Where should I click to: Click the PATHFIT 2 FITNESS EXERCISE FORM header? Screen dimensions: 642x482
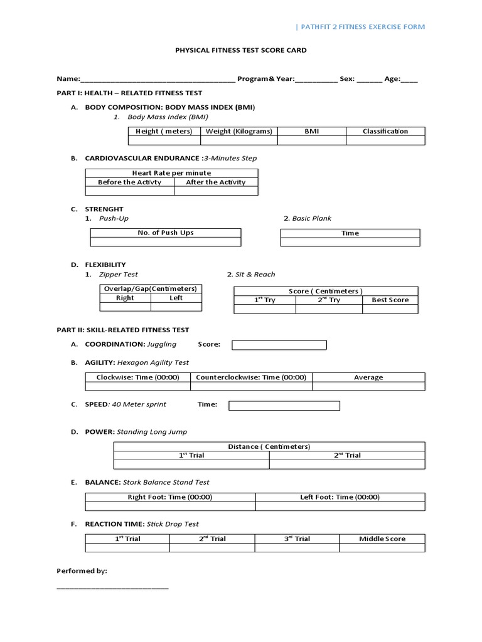point(360,27)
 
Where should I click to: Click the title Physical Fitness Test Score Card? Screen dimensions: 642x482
point(240,50)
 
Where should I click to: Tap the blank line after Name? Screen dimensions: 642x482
point(158,80)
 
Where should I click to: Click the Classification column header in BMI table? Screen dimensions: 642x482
point(385,131)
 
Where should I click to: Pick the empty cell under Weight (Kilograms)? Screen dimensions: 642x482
point(239,140)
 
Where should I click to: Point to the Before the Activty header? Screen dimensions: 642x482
point(129,182)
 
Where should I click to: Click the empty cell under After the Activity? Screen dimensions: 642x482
point(215,191)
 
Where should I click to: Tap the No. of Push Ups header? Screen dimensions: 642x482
point(166,233)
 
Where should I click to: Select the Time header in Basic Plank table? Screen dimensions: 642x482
point(350,233)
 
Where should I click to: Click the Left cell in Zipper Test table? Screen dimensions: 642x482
point(176,298)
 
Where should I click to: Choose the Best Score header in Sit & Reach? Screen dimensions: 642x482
point(390,300)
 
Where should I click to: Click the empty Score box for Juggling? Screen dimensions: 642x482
point(279,345)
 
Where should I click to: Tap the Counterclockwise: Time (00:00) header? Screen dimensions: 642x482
point(251,377)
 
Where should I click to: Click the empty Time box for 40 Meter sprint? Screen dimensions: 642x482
point(284,406)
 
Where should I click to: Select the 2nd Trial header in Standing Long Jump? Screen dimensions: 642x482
point(347,455)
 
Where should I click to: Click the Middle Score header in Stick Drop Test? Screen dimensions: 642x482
point(382,539)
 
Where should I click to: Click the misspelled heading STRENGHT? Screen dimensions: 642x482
point(104,209)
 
